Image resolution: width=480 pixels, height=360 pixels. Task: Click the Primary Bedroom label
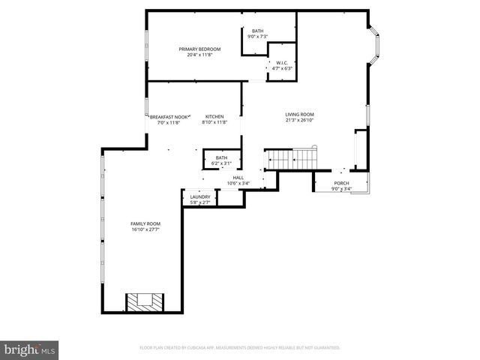194,49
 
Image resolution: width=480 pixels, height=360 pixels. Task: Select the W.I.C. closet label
282,63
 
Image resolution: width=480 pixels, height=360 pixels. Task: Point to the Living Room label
298,115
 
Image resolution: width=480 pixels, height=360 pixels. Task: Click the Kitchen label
215,117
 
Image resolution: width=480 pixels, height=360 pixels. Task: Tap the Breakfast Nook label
164,117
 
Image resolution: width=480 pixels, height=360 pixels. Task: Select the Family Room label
145,223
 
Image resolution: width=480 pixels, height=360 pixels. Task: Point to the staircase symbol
292,159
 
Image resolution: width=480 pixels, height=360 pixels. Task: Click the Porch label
341,183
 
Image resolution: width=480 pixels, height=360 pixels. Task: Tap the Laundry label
199,196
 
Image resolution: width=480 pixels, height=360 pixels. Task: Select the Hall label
238,178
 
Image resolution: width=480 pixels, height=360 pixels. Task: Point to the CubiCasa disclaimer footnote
240,348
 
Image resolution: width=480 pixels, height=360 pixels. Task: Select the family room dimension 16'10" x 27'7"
145,229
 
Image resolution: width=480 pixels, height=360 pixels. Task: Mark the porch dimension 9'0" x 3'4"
341,189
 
